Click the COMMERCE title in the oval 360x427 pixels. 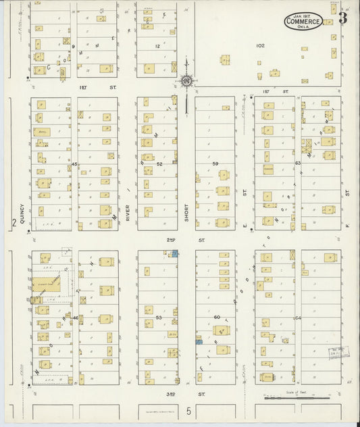(303, 22)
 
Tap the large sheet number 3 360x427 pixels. (343, 18)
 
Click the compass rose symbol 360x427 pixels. (185, 82)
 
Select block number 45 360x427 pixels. (74, 164)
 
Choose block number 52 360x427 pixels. (159, 164)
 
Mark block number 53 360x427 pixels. (159, 317)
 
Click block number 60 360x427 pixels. (217, 317)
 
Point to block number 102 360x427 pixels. (260, 45)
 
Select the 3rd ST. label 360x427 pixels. (191, 393)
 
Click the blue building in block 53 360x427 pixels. (175, 253)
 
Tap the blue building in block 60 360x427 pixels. (199, 342)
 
